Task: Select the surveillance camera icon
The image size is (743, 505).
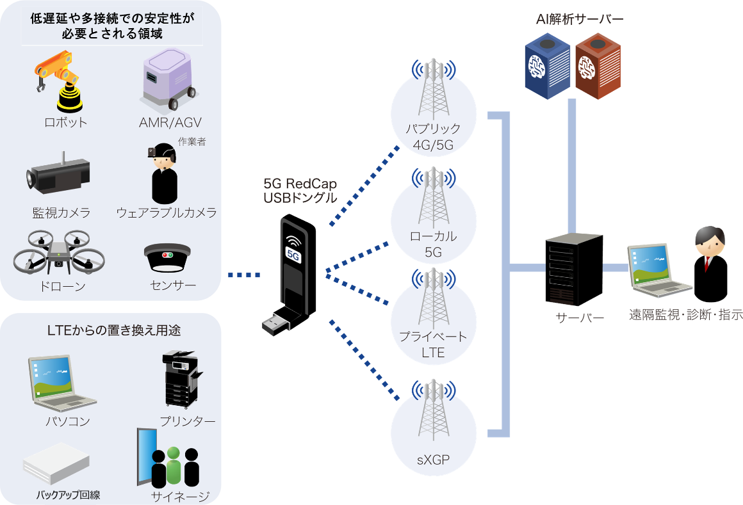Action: (58, 174)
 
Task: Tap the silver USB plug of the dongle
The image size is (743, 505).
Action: (276, 321)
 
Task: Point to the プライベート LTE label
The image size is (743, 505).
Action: (433, 344)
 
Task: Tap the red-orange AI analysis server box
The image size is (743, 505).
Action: (597, 67)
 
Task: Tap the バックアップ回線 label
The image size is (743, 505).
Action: (68, 495)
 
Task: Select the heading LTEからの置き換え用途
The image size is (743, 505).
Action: (114, 331)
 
